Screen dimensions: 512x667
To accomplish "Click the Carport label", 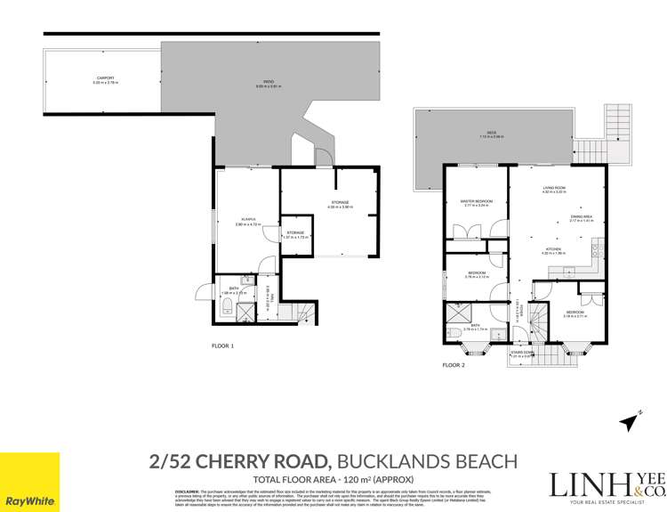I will [x=105, y=80].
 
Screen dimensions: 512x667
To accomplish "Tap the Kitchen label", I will [x=555, y=251].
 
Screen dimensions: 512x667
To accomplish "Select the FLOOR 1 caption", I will [x=222, y=345].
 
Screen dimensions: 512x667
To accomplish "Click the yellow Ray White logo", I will [x=29, y=482].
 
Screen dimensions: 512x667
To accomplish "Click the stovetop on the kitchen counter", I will [x=592, y=254].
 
